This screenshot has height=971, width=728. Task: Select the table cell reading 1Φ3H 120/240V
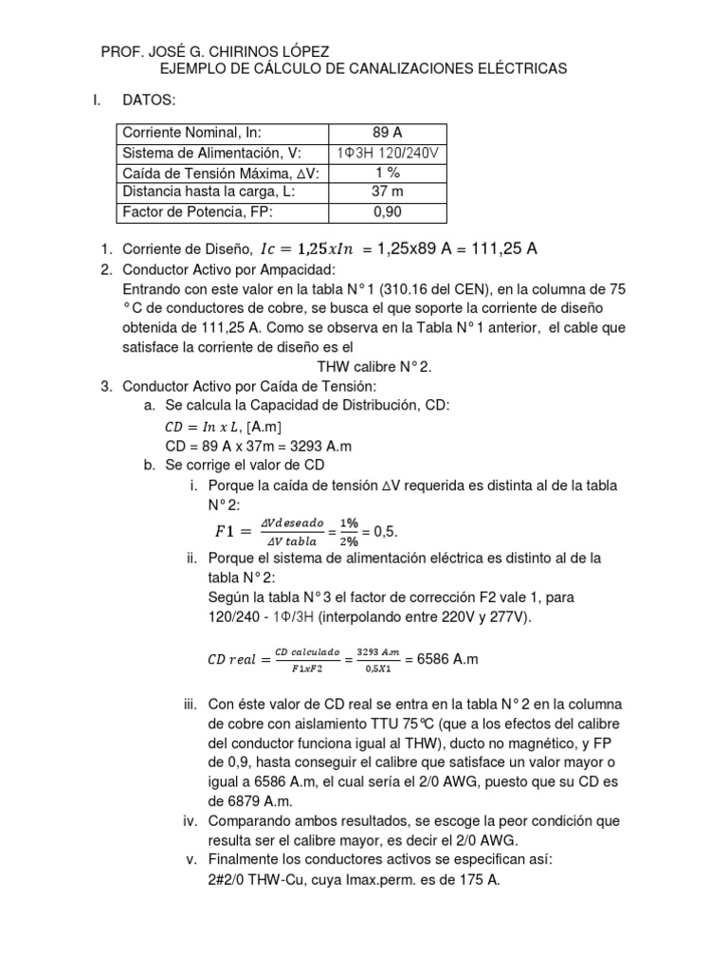coord(389,154)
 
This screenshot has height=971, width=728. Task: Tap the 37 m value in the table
coord(389,192)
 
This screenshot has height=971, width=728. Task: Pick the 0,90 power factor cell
coord(389,211)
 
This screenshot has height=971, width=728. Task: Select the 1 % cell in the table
coord(389,173)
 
